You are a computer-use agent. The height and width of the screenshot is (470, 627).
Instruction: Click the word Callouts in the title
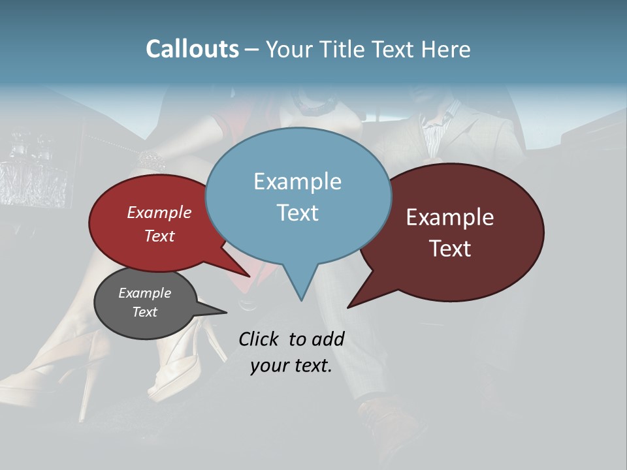click(x=192, y=49)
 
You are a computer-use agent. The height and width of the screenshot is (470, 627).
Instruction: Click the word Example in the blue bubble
click(x=297, y=181)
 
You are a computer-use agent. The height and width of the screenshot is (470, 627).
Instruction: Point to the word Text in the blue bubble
click(x=297, y=213)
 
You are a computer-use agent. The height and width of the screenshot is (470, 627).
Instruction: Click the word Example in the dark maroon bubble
click(x=450, y=217)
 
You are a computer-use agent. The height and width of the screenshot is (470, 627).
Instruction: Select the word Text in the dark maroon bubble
click(x=450, y=249)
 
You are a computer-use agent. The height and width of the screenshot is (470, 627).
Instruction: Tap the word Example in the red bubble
click(x=159, y=213)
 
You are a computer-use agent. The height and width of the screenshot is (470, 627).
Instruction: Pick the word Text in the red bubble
click(x=159, y=236)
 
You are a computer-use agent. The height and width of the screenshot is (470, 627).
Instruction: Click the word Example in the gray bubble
click(x=145, y=293)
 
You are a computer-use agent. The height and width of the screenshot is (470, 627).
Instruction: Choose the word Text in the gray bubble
click(x=145, y=312)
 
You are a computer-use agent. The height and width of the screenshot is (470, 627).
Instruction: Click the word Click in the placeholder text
click(x=258, y=339)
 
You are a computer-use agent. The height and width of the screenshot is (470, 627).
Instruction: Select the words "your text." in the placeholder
click(x=291, y=366)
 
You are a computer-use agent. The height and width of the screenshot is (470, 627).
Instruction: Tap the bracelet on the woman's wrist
click(x=152, y=159)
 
